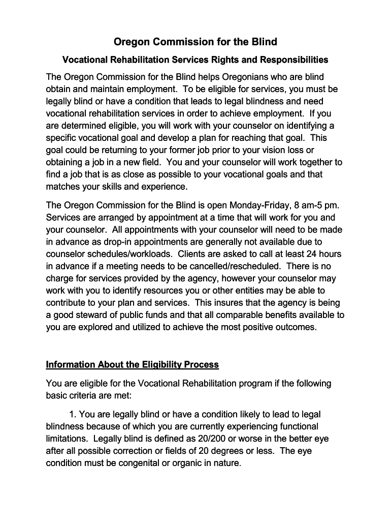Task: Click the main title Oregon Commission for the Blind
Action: tap(195, 41)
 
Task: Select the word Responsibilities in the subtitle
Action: tap(294, 60)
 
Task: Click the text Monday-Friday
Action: tap(259, 205)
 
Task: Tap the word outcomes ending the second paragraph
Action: tap(297, 327)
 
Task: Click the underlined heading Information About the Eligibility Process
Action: tap(132, 365)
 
